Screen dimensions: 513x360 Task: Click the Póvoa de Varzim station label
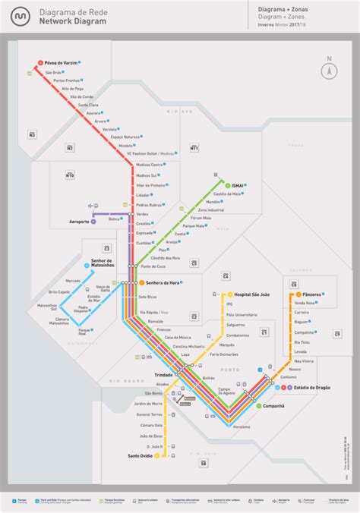[61, 62]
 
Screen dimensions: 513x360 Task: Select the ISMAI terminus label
[236, 184]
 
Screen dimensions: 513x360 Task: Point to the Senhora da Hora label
[163, 282]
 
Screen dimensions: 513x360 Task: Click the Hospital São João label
[254, 294]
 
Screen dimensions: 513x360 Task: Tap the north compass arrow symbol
[329, 70]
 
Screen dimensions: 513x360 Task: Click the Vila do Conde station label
[81, 97]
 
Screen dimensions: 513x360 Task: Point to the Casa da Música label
[178, 337]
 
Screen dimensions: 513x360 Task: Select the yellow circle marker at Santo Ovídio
[159, 455]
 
